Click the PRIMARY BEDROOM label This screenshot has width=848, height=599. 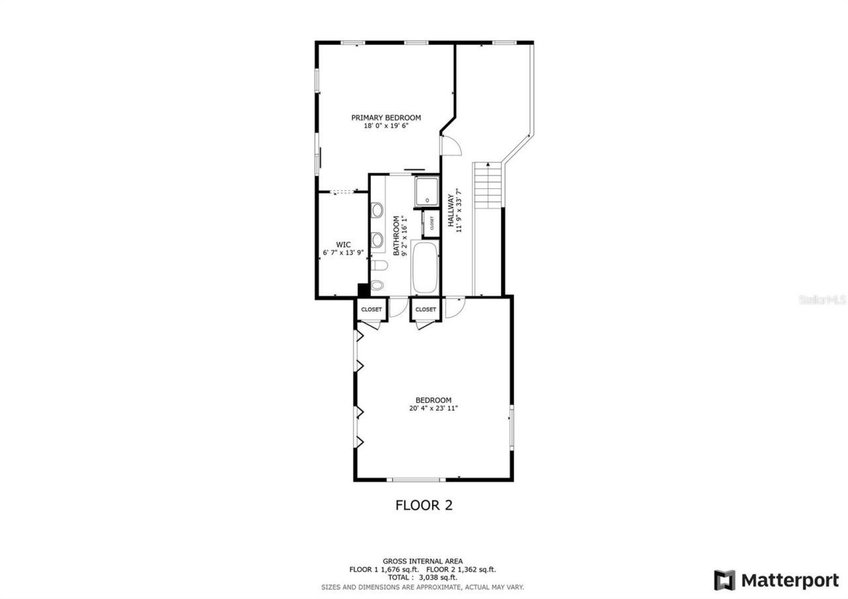pyautogui.click(x=386, y=118)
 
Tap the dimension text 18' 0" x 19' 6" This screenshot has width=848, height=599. pyautogui.click(x=386, y=126)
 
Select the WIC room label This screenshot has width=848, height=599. pyautogui.click(x=343, y=245)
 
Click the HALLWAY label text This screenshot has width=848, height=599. pyautogui.click(x=450, y=211)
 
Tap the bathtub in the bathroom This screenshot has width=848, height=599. pyautogui.click(x=425, y=268)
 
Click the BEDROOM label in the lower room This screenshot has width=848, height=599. pyautogui.click(x=433, y=400)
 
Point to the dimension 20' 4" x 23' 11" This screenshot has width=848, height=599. pyautogui.click(x=433, y=409)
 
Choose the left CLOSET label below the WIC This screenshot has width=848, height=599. pyautogui.click(x=371, y=309)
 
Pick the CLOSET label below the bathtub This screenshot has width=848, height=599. pyautogui.click(x=425, y=309)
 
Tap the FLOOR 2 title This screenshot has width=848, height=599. pyautogui.click(x=423, y=505)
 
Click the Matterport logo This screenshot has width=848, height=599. pyautogui.click(x=776, y=580)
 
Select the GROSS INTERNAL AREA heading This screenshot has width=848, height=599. pyautogui.click(x=423, y=561)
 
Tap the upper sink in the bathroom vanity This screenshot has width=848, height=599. pyautogui.click(x=377, y=211)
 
